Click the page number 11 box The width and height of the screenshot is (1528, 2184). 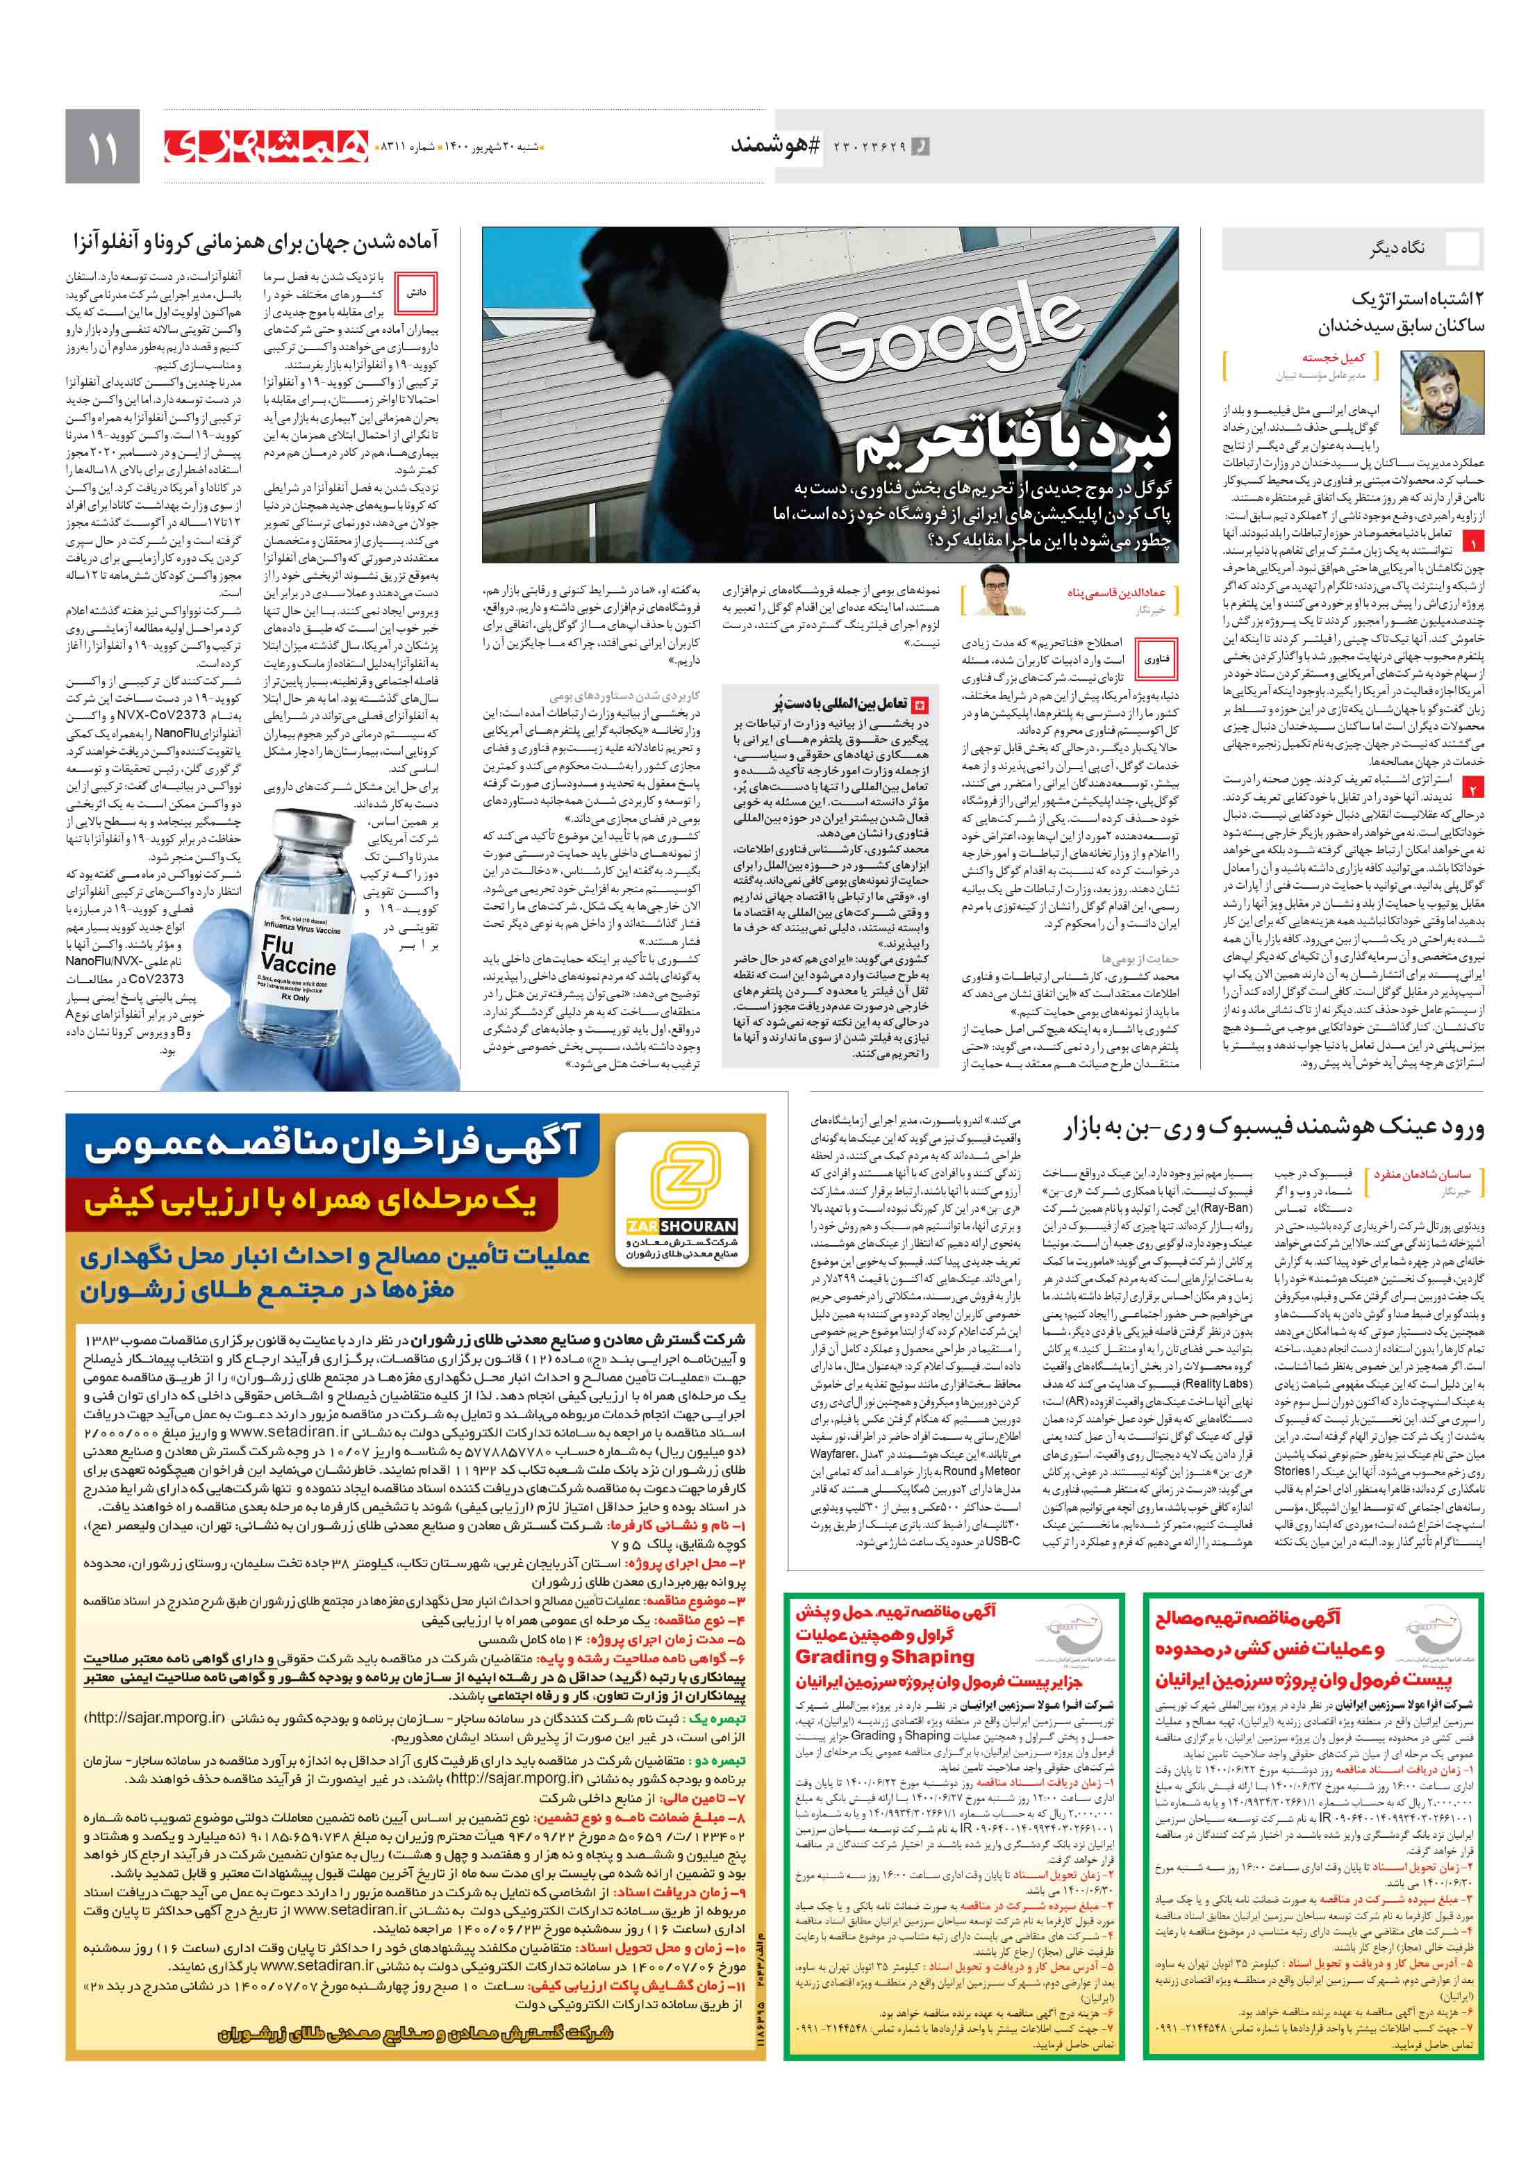[x=101, y=147]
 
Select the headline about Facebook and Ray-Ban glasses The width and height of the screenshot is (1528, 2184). [x=1272, y=1128]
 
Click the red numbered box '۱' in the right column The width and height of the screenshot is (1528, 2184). [x=1472, y=543]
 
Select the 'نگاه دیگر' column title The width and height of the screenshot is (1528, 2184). [x=1397, y=249]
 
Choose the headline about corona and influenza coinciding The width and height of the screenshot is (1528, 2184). [x=256, y=243]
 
